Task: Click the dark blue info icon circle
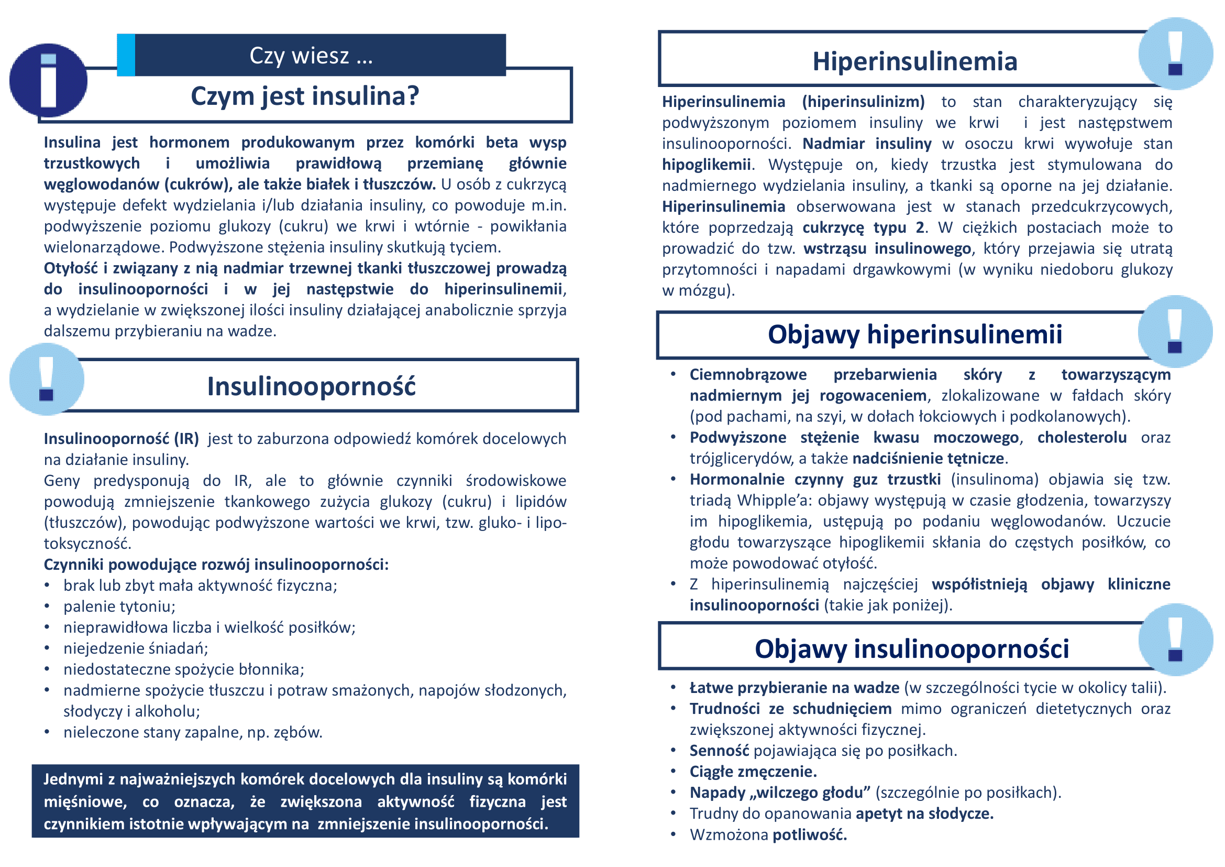pos(48,80)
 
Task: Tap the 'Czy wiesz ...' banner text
pos(311,56)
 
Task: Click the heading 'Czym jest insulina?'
pos(305,96)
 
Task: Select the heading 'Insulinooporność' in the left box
pos(311,386)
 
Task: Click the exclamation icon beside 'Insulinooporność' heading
pos(47,379)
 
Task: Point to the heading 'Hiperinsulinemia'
pos(914,61)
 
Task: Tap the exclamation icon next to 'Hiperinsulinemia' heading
pos(1175,53)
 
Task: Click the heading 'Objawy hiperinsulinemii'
pos(914,335)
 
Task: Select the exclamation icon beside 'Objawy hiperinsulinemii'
pos(1175,331)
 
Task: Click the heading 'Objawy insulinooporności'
pos(911,648)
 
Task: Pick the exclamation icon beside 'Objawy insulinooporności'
pos(1175,640)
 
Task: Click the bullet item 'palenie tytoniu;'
pos(119,606)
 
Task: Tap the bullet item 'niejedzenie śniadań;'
pos(136,648)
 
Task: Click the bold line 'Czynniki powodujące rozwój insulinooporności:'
pos(216,565)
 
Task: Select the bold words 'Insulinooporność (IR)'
pos(121,439)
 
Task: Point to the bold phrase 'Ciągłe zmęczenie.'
pos(753,772)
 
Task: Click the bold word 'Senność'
pos(719,751)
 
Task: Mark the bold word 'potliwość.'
pos(809,835)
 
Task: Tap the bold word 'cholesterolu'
pos(1081,438)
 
